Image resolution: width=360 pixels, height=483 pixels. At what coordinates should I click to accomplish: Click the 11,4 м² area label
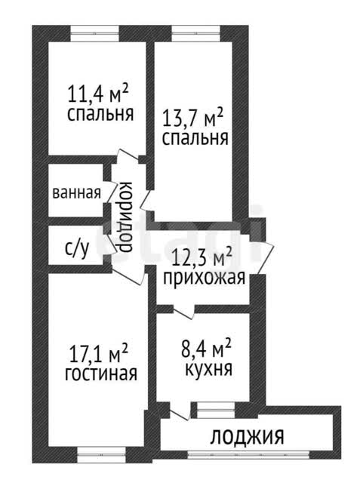pyautogui.click(x=97, y=94)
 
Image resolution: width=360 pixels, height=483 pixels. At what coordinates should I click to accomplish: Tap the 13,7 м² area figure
pyautogui.click(x=192, y=118)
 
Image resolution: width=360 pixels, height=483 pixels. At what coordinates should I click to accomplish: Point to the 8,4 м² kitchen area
pyautogui.click(x=206, y=349)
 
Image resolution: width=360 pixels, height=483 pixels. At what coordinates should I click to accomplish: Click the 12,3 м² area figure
pyautogui.click(x=202, y=257)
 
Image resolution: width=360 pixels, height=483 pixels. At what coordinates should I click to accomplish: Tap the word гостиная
pyautogui.click(x=101, y=374)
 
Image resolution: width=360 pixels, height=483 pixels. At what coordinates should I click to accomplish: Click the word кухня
pyautogui.click(x=208, y=368)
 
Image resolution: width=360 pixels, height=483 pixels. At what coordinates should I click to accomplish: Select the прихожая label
pyautogui.click(x=205, y=277)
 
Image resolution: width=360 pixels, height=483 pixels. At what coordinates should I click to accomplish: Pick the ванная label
pyautogui.click(x=77, y=193)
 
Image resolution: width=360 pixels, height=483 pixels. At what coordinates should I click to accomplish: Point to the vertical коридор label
pyautogui.click(x=125, y=217)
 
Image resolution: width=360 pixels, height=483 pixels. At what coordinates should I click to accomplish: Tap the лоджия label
pyautogui.click(x=247, y=436)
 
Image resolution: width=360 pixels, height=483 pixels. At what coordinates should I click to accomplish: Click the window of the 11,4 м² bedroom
pyautogui.click(x=94, y=33)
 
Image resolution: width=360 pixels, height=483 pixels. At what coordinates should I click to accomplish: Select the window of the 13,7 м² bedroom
pyautogui.click(x=195, y=33)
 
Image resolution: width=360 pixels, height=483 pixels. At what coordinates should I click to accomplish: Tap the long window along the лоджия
pyautogui.click(x=249, y=455)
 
